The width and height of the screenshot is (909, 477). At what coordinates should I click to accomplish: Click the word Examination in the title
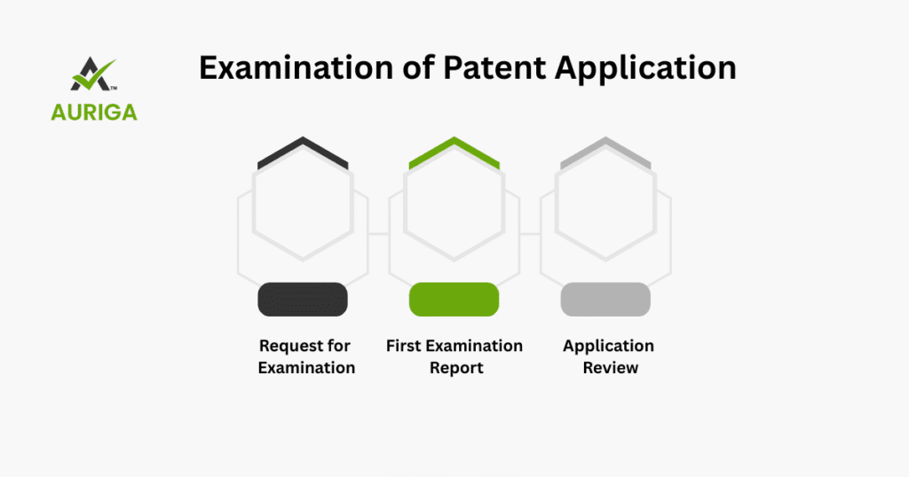[296, 67]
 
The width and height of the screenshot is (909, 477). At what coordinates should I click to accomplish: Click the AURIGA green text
[94, 112]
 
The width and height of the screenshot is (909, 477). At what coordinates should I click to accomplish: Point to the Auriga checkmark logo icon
[93, 74]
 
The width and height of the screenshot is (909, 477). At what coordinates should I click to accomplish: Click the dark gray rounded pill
[303, 300]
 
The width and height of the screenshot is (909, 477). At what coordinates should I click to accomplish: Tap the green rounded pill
[454, 300]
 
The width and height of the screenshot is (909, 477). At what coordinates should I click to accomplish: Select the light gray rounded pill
[605, 300]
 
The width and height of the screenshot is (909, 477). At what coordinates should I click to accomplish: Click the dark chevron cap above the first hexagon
[303, 152]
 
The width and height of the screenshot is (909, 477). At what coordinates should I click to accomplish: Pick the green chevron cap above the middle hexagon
[454, 152]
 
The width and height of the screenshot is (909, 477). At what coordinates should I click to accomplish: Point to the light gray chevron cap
[605, 152]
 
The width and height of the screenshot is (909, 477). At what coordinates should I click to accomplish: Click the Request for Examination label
[305, 356]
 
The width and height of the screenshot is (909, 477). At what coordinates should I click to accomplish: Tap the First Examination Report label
[454, 356]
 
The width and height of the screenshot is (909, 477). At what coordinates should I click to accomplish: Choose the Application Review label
[609, 356]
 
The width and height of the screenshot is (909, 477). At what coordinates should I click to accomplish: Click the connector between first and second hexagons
[378, 234]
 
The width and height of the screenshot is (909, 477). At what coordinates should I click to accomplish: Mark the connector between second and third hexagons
[530, 234]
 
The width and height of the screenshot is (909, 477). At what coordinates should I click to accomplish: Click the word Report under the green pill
[456, 368]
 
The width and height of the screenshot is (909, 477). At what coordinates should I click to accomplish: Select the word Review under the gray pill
[611, 368]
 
